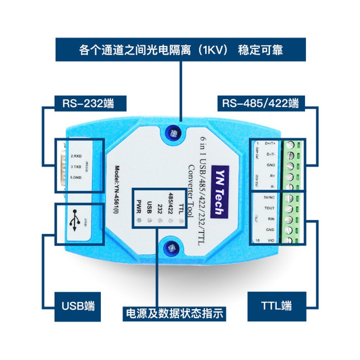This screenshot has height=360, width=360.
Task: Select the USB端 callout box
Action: point(78,306)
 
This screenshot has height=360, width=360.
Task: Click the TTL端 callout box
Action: point(276,306)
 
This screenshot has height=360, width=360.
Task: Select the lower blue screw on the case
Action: point(172,247)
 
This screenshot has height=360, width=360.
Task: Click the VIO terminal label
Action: point(270,241)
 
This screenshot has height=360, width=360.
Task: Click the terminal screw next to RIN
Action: point(290,220)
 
